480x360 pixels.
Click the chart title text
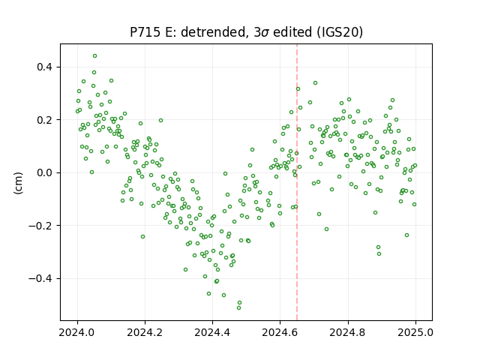246,32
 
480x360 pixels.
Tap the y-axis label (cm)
18,183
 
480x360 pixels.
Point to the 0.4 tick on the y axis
45,67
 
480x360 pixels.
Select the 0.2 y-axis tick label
45,120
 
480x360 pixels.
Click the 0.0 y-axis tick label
45,172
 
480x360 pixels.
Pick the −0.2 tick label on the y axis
41,226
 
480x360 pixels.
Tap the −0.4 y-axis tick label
41,278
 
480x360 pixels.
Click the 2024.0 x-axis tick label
77,332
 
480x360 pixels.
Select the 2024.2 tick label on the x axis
145,332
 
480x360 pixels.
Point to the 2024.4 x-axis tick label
212,332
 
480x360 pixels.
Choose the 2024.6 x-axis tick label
280,332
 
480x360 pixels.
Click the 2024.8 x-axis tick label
348,332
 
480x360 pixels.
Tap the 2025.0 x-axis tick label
415,332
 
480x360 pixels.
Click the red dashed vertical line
297,182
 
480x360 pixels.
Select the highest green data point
95,56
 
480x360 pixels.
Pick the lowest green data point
238,307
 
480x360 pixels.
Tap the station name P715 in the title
145,32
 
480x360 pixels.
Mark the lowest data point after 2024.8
379,253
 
